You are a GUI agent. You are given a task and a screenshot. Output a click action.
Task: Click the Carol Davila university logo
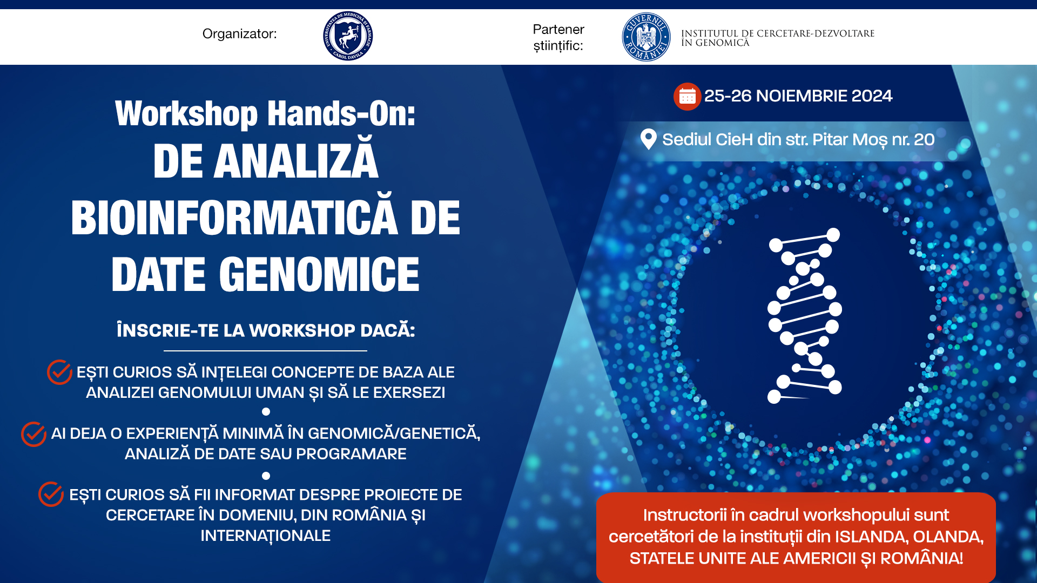tap(348, 36)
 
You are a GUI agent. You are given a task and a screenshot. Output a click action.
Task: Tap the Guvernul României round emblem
tap(646, 37)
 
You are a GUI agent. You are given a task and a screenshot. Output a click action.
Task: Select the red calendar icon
tap(687, 97)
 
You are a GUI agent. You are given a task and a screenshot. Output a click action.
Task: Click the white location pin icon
tap(648, 139)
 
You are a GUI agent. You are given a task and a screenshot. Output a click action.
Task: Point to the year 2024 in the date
tap(872, 96)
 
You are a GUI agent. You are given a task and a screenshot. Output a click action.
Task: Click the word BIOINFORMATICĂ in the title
tap(234, 218)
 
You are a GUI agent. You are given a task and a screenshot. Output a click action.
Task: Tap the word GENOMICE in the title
tap(319, 274)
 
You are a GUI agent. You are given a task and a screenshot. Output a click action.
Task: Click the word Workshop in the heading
tap(187, 114)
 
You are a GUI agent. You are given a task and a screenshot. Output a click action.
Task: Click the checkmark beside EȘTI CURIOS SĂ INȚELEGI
tap(59, 372)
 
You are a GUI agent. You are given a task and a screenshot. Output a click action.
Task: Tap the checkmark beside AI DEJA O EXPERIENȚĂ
tap(33, 434)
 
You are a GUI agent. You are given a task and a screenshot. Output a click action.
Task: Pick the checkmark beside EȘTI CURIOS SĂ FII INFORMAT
tap(51, 494)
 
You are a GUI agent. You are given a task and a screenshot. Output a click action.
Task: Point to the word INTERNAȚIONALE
tap(265, 535)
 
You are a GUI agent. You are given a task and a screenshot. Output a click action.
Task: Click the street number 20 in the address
tap(924, 139)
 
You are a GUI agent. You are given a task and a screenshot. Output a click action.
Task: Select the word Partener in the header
tap(558, 29)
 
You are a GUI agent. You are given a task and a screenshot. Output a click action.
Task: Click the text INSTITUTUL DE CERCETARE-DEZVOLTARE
tap(778, 33)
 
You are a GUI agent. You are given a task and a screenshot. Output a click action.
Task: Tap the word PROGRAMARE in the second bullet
tap(351, 454)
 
